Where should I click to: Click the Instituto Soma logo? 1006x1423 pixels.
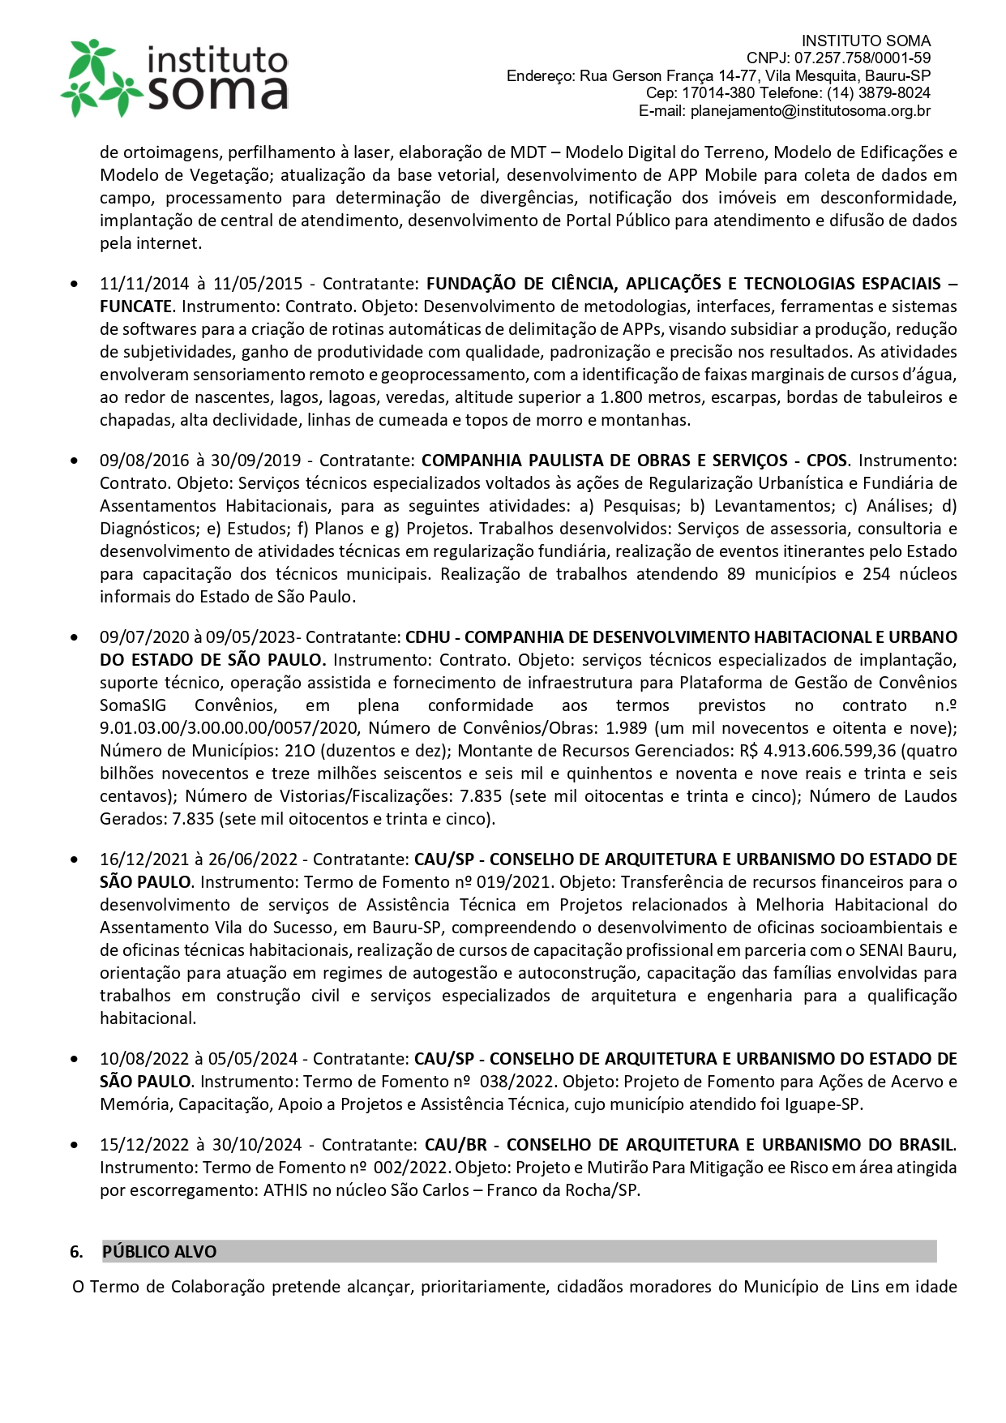click(174, 78)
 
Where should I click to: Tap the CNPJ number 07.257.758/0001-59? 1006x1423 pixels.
click(863, 58)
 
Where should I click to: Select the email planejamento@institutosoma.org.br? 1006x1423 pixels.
click(810, 111)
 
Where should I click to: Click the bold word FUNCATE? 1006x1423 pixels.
click(135, 306)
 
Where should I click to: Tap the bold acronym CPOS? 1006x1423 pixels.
click(826, 461)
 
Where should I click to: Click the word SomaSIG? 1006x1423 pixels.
click(133, 705)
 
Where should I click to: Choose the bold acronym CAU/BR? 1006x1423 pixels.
click(456, 1145)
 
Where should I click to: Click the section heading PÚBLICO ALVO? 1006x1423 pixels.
click(160, 1252)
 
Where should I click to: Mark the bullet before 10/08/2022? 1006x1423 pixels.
click(75, 1059)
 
